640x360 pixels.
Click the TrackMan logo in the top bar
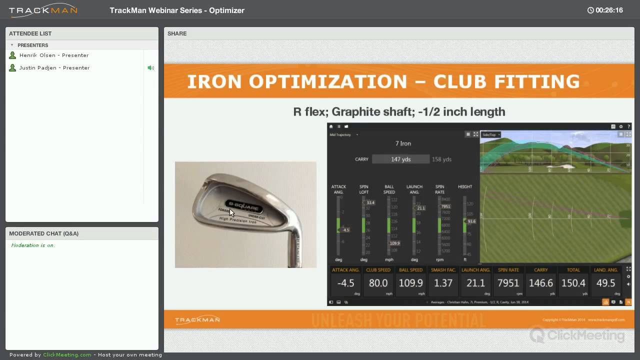[x=43, y=10]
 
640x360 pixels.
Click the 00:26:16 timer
[x=609, y=10]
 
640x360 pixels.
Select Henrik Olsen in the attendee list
[x=54, y=55]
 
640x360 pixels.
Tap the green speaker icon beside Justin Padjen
[x=150, y=68]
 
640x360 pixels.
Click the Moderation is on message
[x=33, y=245]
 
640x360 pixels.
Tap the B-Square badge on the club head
[x=244, y=204]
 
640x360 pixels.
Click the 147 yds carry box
[x=400, y=159]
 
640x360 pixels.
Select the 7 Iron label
[x=403, y=143]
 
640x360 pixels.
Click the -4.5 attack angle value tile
[x=345, y=283]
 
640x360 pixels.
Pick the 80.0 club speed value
[x=378, y=283]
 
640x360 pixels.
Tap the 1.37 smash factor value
[x=443, y=283]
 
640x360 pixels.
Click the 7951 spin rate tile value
[x=508, y=283]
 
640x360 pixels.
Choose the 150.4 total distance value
[x=573, y=283]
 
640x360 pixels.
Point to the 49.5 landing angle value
[x=605, y=283]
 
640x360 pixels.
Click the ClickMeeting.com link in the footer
[x=67, y=355]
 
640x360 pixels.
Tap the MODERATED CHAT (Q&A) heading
[x=43, y=233]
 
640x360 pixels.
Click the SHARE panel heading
[x=177, y=33]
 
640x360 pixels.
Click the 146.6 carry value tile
[x=540, y=283]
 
